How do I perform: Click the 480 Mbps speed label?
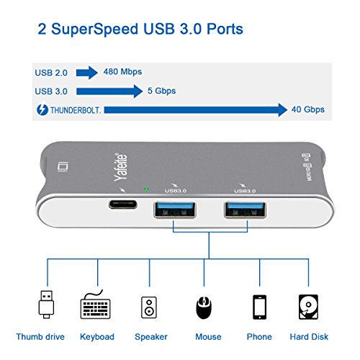click(x=122, y=72)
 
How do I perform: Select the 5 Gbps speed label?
click(x=161, y=91)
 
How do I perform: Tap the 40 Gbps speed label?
click(x=308, y=109)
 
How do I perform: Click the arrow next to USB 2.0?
click(x=87, y=73)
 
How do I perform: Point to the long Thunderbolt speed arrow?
click(x=196, y=110)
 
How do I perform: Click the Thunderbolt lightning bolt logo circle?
click(x=42, y=109)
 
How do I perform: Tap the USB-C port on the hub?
click(x=123, y=204)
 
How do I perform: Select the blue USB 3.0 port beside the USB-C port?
click(x=175, y=210)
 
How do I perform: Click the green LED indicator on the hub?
click(x=146, y=189)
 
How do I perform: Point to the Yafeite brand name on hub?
click(x=120, y=167)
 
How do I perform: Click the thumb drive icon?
click(x=46, y=305)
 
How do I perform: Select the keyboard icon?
click(x=95, y=305)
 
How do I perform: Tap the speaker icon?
click(x=149, y=307)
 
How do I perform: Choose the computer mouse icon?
click(x=204, y=307)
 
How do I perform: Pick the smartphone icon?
click(x=259, y=307)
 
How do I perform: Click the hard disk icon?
click(x=308, y=307)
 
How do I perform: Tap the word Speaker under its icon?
click(x=151, y=337)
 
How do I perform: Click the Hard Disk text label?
click(x=309, y=337)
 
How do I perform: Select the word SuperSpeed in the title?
click(x=94, y=29)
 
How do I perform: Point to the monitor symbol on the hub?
click(x=63, y=167)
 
